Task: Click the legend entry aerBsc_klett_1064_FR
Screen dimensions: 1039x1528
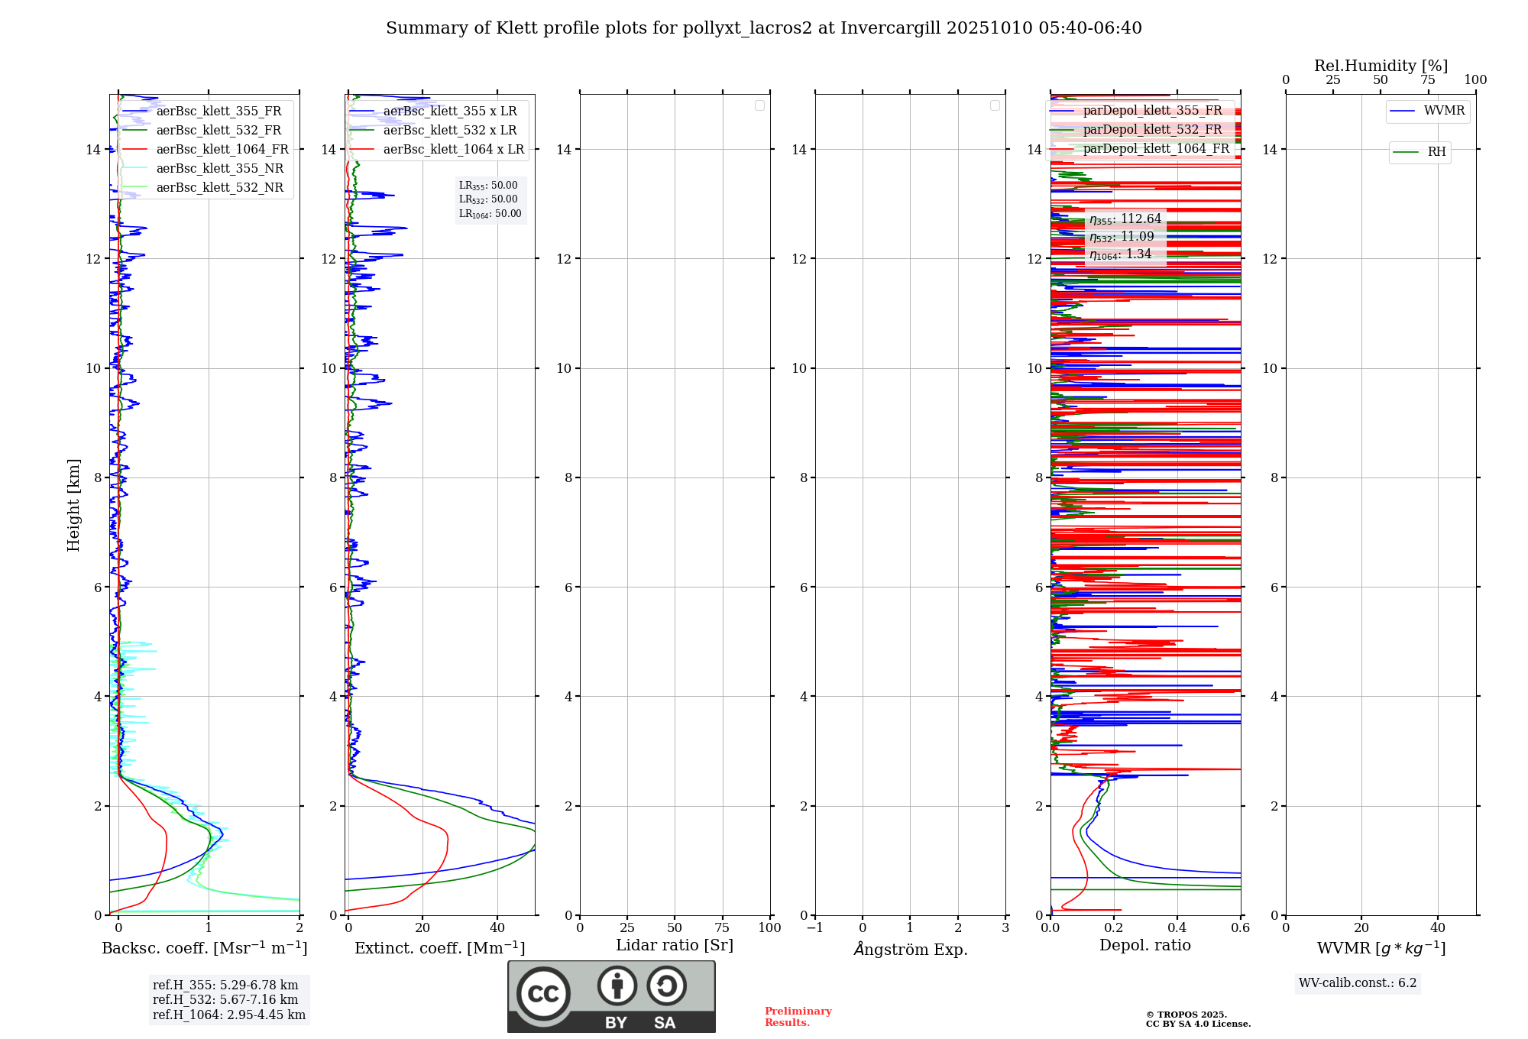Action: click(222, 150)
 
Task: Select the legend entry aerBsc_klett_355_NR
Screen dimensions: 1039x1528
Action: click(220, 169)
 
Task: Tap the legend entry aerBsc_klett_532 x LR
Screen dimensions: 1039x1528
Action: click(450, 131)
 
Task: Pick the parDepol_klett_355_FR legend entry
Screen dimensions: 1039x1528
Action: click(1152, 111)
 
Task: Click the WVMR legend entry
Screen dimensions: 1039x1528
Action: click(1444, 111)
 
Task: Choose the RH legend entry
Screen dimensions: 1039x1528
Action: click(1436, 152)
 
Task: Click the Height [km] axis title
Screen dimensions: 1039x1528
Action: click(73, 505)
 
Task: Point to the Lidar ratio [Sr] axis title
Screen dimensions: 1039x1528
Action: click(675, 946)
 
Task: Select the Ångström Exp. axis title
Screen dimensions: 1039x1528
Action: click(911, 950)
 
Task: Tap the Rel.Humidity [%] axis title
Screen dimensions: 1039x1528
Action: click(1381, 66)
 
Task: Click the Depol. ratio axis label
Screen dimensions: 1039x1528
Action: click(1144, 946)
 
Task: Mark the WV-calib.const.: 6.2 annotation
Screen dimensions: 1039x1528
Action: click(1358, 983)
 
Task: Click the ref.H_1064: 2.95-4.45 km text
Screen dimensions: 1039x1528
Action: click(229, 1015)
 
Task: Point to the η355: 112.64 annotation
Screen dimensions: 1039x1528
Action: click(1125, 219)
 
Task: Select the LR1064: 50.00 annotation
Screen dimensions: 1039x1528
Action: click(490, 214)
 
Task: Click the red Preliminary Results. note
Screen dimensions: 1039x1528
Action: click(798, 1017)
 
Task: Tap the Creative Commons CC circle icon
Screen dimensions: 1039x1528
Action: click(543, 994)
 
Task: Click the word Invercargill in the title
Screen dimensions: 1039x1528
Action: click(889, 28)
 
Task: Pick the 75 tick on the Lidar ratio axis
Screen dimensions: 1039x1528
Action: click(722, 927)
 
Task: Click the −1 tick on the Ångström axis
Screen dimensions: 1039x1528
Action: click(815, 927)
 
